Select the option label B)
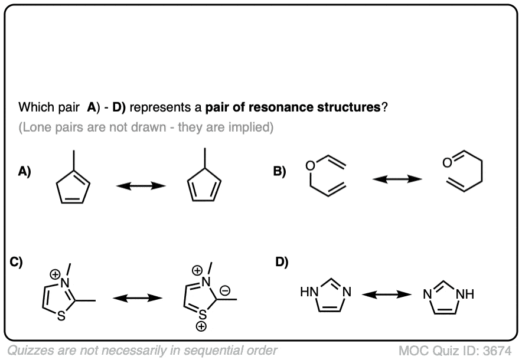pos(279,172)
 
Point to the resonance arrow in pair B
pos(397,178)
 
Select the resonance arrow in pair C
pos(138,299)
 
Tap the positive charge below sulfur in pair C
pos(201,325)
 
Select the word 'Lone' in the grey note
pos(38,127)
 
